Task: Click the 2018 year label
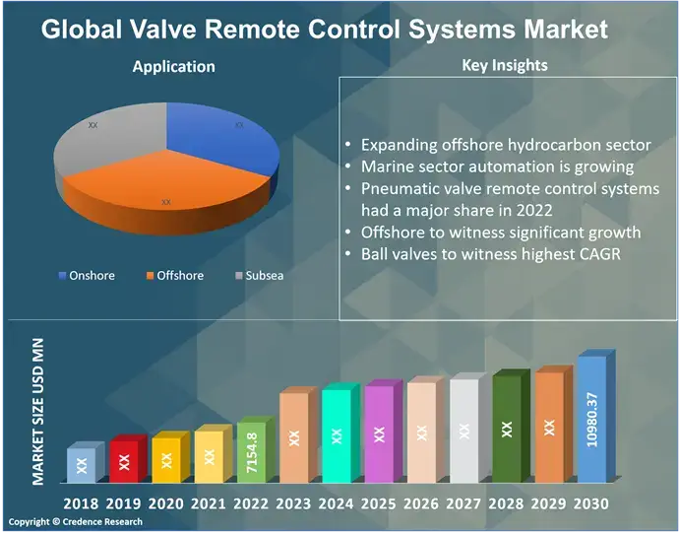(81, 503)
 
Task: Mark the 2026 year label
(420, 503)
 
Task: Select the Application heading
(173, 67)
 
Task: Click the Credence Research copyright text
(75, 522)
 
